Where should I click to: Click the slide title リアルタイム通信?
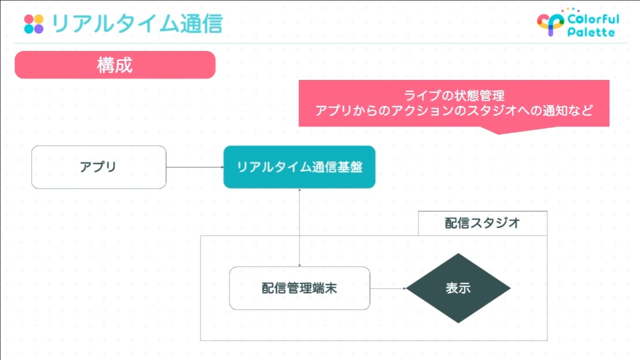pos(137,24)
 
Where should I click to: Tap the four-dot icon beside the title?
pos(34,24)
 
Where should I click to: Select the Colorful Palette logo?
pos(578,23)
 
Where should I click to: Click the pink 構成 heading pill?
pos(115,65)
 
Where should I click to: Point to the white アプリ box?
pos(99,167)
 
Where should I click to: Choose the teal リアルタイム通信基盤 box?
pos(299,167)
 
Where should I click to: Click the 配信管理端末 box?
pos(300,288)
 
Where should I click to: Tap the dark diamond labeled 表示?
pos(458,288)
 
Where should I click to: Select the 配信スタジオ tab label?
pos(483,223)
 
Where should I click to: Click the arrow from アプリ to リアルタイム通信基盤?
pos(195,167)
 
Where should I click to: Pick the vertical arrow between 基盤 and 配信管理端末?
pos(299,227)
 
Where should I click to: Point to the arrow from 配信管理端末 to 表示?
pos(388,289)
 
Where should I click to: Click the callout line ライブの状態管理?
pos(454,95)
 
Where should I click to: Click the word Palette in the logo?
pos(591,32)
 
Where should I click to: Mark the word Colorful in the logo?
pos(593,19)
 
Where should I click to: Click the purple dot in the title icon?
pos(39,29)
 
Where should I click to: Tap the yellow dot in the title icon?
pos(39,19)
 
